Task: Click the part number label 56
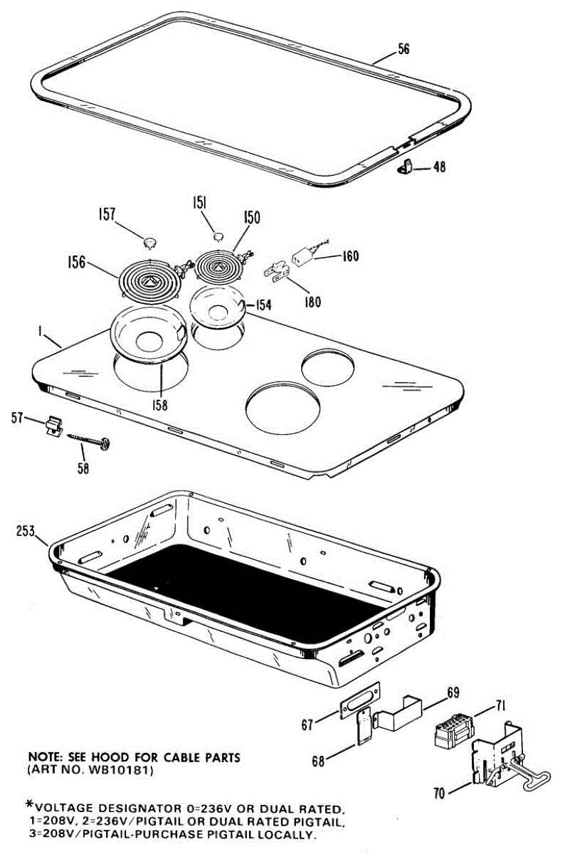tap(403, 50)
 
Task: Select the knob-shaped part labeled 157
tap(150, 242)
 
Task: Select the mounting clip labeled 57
tap(51, 426)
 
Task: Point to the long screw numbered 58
tap(88, 443)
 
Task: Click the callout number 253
tap(26, 530)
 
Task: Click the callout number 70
tap(440, 792)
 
